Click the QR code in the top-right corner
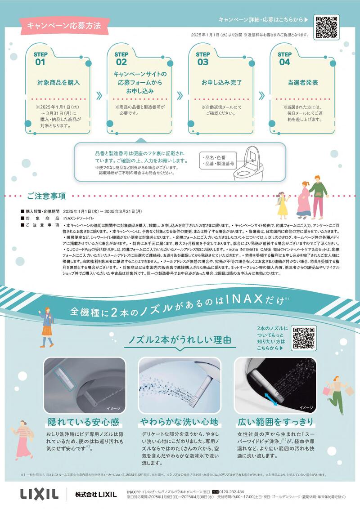[x=326, y=27]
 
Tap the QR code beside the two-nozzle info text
[x=304, y=338]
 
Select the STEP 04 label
[x=284, y=58]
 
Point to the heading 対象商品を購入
[x=58, y=83]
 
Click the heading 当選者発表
[x=303, y=83]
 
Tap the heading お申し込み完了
[x=221, y=83]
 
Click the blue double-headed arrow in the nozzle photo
[x=271, y=397]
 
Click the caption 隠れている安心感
[x=83, y=422]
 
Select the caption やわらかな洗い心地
[x=179, y=422]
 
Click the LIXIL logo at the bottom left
[x=39, y=494]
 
